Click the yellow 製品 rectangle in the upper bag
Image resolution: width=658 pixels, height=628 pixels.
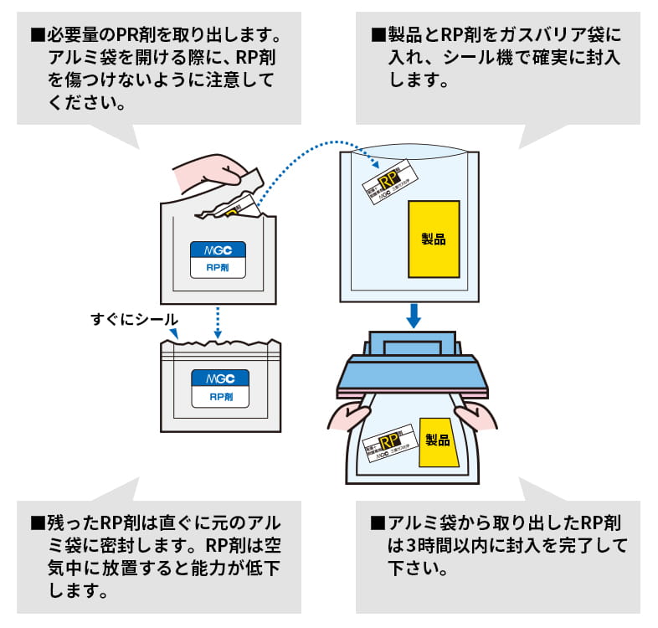click(434, 239)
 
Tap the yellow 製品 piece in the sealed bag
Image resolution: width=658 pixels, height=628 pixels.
click(437, 440)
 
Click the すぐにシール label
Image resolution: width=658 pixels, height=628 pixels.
click(134, 319)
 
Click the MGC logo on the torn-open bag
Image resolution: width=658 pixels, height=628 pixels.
click(218, 250)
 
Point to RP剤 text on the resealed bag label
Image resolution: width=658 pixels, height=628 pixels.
click(218, 397)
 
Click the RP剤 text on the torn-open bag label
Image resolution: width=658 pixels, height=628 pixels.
click(218, 268)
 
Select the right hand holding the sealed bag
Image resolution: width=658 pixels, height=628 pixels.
click(476, 415)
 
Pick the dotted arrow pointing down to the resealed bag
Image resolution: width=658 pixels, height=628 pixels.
click(218, 322)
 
